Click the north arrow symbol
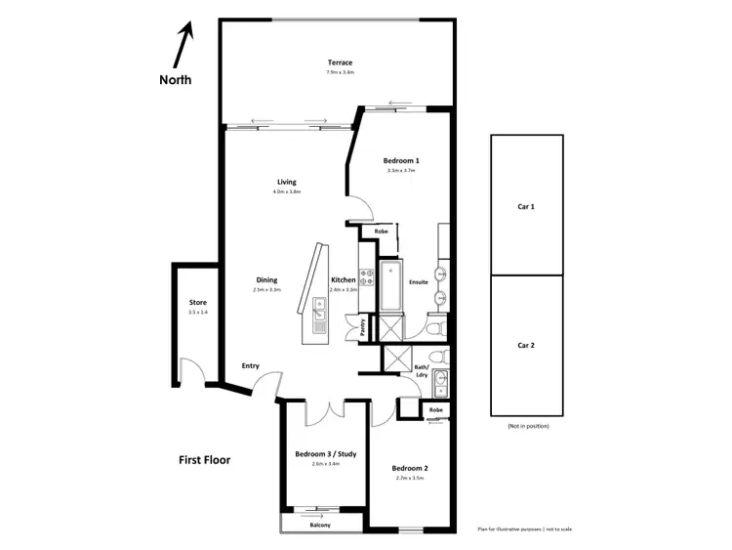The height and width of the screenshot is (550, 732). pyautogui.click(x=183, y=44)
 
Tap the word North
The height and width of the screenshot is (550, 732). pyautogui.click(x=176, y=80)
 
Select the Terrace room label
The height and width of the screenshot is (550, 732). pyautogui.click(x=340, y=63)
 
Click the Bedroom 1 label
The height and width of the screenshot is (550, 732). pyautogui.click(x=401, y=160)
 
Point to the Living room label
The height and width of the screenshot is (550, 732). pyautogui.click(x=286, y=182)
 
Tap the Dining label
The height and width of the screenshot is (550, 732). pyautogui.click(x=266, y=279)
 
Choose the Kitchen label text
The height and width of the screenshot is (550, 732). pyautogui.click(x=343, y=279)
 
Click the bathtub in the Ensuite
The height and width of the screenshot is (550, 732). pyautogui.click(x=389, y=285)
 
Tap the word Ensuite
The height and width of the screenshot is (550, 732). pyautogui.click(x=419, y=282)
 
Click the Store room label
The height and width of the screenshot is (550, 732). pyautogui.click(x=198, y=303)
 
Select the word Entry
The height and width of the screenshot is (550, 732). pyautogui.click(x=251, y=366)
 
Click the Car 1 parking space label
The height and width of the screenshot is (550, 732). pyautogui.click(x=526, y=207)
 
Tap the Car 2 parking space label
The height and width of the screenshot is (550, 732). pyautogui.click(x=526, y=345)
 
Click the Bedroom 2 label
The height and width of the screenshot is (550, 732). pyautogui.click(x=410, y=469)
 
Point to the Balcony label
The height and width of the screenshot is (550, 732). pyautogui.click(x=320, y=526)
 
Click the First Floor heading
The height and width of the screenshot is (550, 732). pyautogui.click(x=204, y=459)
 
